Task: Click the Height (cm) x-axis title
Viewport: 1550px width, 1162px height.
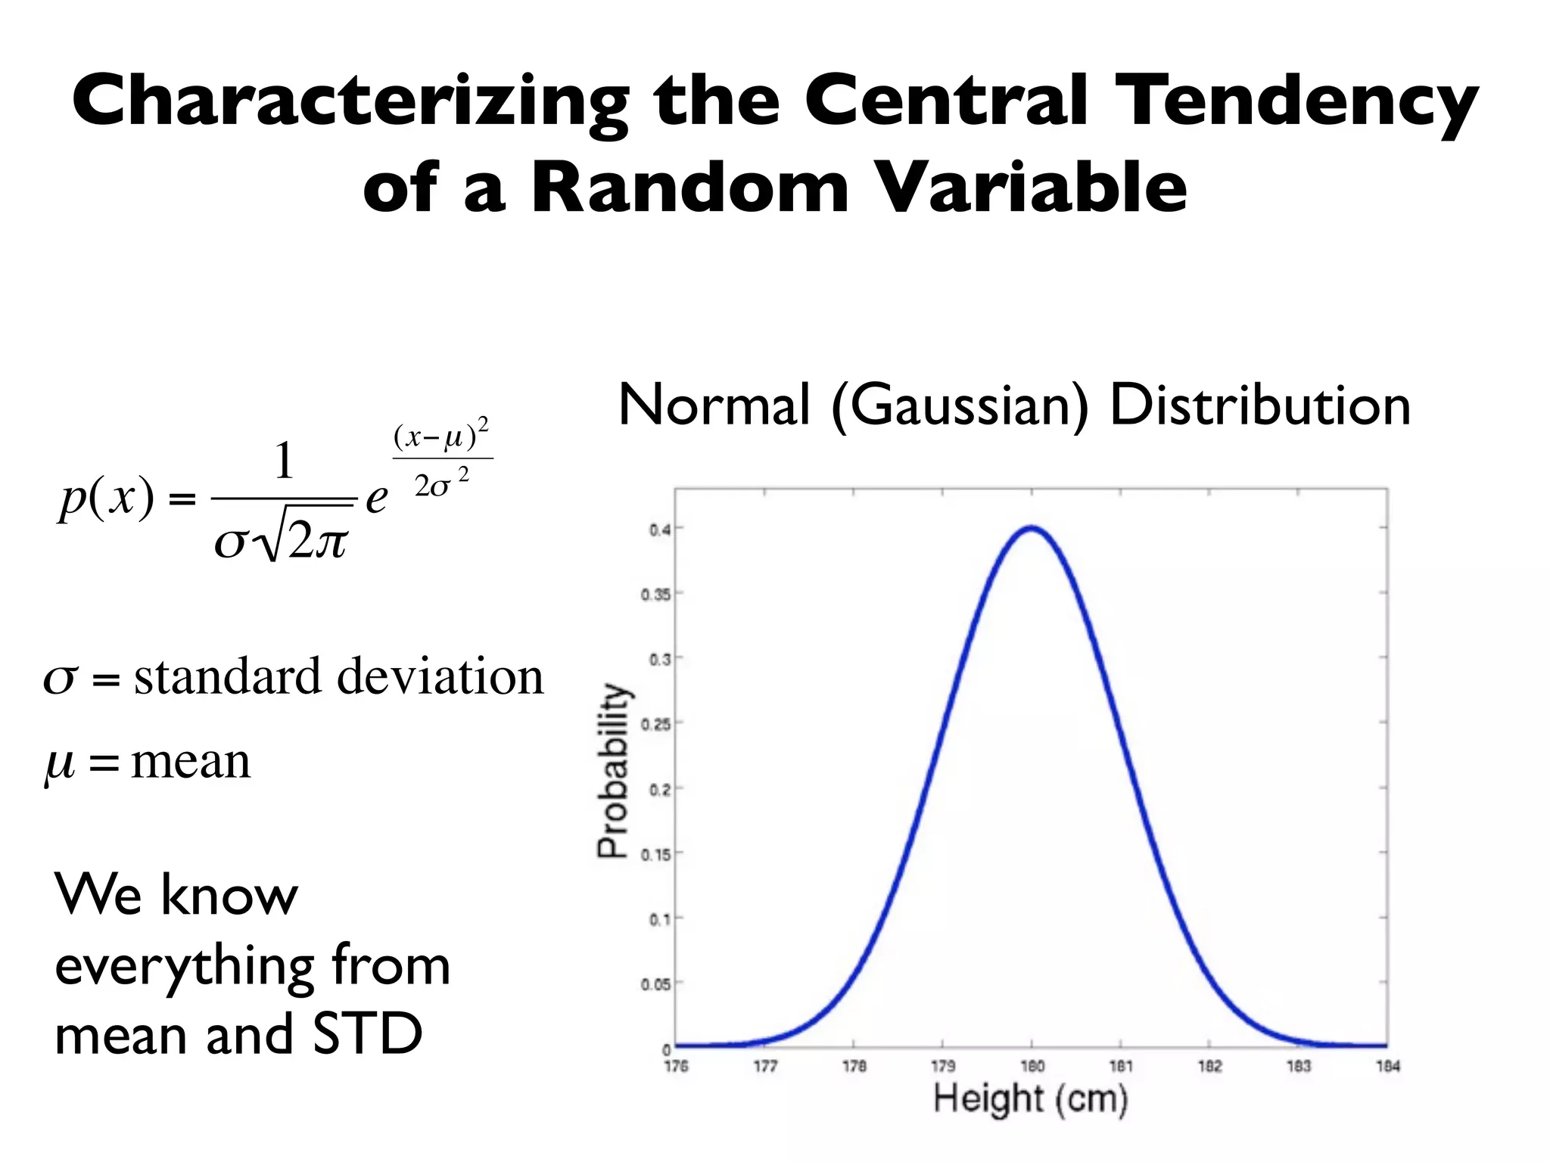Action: tap(1030, 1098)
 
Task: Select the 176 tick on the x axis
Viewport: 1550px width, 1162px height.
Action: tap(676, 1067)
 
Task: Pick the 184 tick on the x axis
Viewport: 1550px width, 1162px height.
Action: tap(1388, 1067)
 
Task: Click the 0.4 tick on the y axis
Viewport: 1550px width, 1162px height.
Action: tap(659, 530)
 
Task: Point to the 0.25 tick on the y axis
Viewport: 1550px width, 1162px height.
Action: tap(655, 725)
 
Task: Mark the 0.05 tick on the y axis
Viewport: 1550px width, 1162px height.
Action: tap(655, 984)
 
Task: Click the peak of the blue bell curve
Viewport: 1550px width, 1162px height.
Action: tap(1032, 528)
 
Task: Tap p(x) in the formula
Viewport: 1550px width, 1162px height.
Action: tap(107, 499)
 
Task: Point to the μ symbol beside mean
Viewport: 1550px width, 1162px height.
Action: tap(60, 763)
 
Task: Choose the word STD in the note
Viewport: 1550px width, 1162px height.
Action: tap(367, 1035)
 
